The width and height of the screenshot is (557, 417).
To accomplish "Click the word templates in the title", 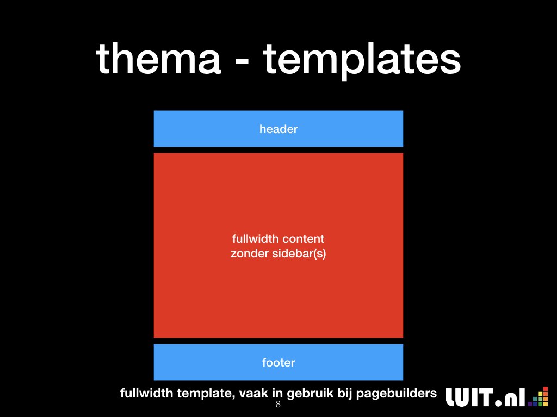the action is [362, 61].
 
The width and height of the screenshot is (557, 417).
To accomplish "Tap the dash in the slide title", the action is [242, 61].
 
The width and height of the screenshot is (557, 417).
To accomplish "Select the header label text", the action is [278, 129].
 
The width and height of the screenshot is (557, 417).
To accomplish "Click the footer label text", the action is [278, 362].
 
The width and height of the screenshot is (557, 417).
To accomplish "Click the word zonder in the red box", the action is [250, 254].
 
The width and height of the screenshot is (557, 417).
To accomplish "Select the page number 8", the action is [278, 404].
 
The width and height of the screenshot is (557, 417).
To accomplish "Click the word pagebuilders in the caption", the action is [397, 394].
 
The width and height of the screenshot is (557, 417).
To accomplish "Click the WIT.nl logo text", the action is [486, 397].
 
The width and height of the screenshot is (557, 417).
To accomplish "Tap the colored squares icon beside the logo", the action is [538, 396].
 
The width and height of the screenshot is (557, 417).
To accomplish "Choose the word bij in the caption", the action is [345, 394].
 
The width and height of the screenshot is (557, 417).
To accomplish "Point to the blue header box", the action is [278, 129].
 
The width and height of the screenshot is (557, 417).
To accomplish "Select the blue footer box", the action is [278, 362].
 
